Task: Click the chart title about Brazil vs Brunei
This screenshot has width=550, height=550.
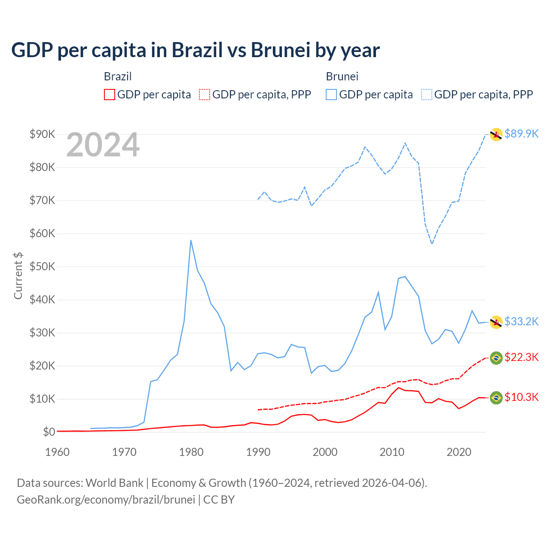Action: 195,50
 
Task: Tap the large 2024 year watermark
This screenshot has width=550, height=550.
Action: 103,145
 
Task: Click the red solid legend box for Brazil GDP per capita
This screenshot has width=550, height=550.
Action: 110,95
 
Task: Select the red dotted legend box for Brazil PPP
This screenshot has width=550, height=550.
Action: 205,95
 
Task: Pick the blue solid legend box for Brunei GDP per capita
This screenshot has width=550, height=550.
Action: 331,95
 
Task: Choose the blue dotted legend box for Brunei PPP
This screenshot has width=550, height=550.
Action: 427,95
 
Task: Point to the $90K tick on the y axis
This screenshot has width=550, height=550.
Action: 42,134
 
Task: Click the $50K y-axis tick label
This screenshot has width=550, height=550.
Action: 42,266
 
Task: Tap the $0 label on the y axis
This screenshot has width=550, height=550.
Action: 49,432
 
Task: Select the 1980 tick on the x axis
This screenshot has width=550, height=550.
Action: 191,452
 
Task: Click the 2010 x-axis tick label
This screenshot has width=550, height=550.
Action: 392,452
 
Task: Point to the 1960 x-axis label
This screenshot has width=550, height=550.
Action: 57,452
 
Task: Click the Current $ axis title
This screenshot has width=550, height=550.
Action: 18,275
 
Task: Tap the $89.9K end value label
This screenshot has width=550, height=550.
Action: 521,134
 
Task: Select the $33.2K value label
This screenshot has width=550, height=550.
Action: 521,321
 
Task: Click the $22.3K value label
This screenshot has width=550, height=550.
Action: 521,357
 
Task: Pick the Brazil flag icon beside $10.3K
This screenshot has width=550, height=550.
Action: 496,398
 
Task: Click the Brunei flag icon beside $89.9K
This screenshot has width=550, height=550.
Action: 496,134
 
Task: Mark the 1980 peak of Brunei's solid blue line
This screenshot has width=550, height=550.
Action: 191,240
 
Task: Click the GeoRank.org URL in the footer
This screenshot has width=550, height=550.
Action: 106,500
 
